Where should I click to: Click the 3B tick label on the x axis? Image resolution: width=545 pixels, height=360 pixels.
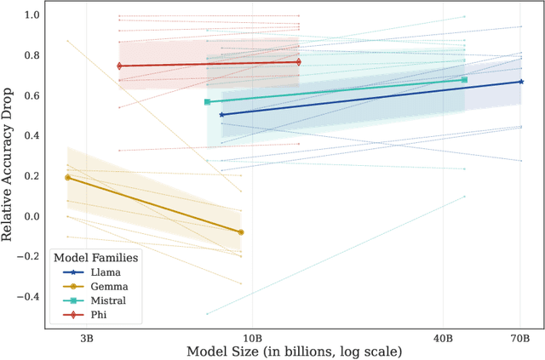[x=87, y=337]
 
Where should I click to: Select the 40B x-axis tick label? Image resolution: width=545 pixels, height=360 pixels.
[x=443, y=337]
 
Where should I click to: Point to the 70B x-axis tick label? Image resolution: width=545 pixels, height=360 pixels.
[x=520, y=337]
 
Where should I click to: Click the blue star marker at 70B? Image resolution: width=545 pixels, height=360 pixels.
[x=520, y=82]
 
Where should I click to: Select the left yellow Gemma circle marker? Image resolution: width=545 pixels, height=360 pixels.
[x=67, y=177]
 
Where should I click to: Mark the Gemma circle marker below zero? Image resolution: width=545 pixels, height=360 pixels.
[x=241, y=232]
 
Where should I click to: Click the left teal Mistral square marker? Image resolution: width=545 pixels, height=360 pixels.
[x=206, y=102]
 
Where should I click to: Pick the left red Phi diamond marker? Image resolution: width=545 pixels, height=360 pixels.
[x=119, y=66]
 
